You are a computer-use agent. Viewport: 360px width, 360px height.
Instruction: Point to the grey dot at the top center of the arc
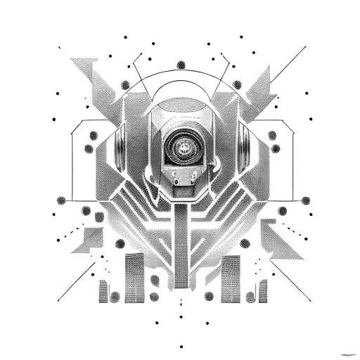click(x=181, y=65)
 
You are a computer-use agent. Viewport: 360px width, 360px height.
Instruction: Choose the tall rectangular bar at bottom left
click(x=134, y=278)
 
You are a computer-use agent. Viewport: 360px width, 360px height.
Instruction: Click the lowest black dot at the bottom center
click(x=181, y=347)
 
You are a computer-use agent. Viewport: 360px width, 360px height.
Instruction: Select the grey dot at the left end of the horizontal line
click(x=61, y=200)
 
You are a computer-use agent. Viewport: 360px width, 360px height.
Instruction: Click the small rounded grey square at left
click(x=99, y=217)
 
